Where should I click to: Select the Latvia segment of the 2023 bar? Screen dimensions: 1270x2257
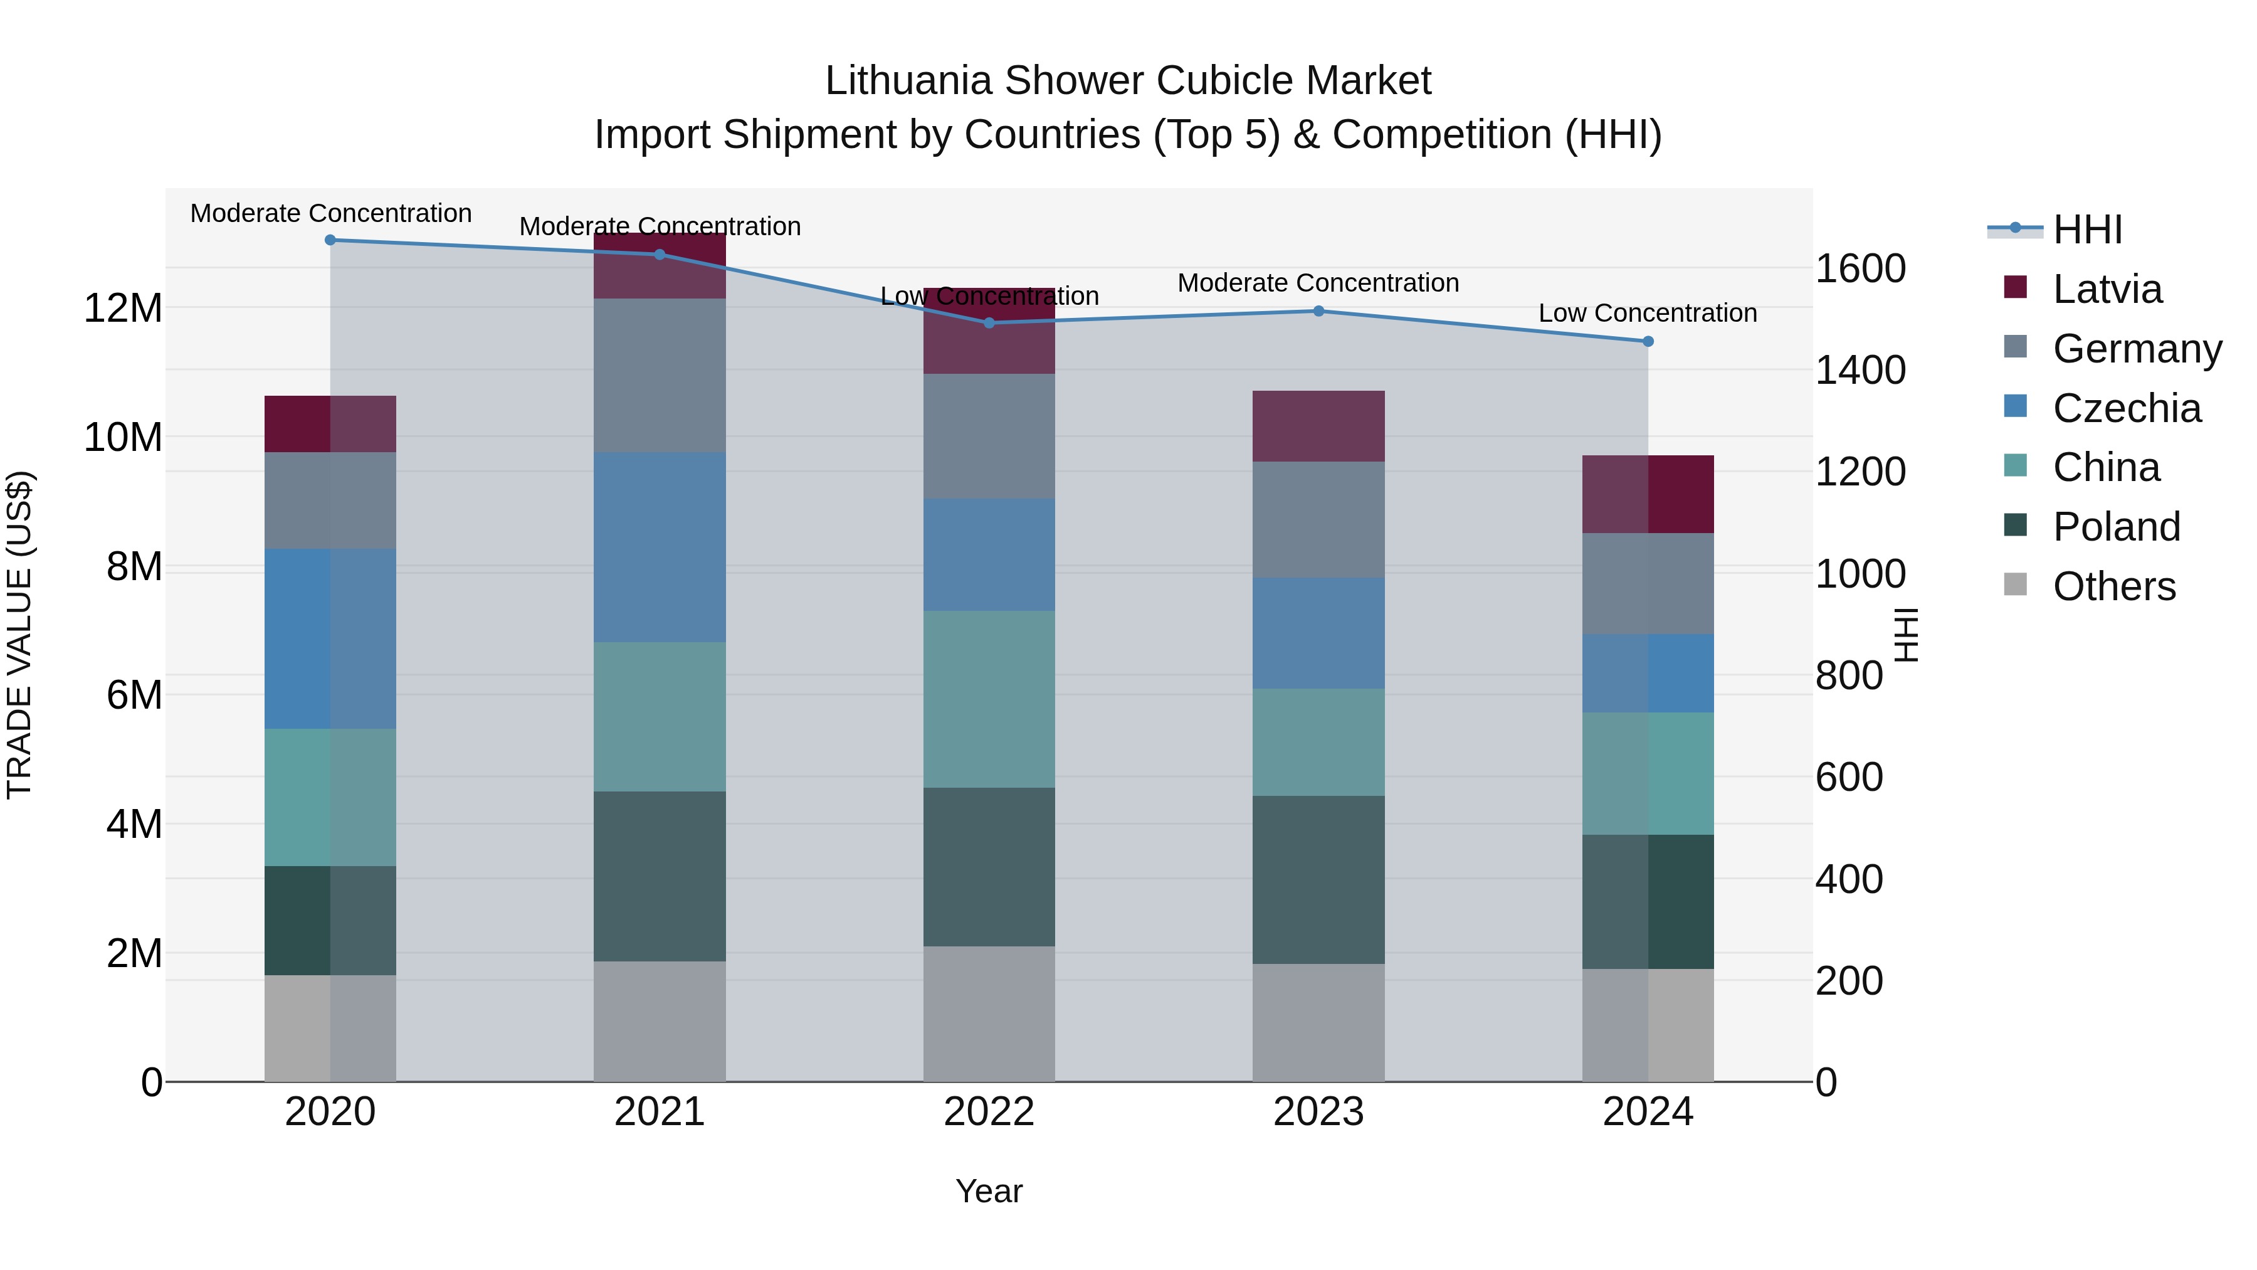(x=1318, y=426)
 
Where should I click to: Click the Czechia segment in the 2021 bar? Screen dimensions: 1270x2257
(x=660, y=547)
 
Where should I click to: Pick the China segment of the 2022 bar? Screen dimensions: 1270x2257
(x=989, y=699)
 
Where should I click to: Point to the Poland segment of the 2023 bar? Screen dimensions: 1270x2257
(x=1318, y=879)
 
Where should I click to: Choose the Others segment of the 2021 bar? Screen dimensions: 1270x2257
(x=660, y=1021)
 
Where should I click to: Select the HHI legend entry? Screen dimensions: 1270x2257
(x=2087, y=230)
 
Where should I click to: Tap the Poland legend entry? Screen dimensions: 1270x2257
(x=2115, y=527)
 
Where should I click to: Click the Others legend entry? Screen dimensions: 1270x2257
(x=2113, y=586)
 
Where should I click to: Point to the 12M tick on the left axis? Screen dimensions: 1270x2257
(x=123, y=309)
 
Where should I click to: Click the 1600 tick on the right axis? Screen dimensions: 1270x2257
(x=1860, y=268)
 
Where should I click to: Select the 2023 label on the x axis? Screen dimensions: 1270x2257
(x=1318, y=1112)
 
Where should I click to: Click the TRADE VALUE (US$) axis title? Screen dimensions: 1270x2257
(x=19, y=635)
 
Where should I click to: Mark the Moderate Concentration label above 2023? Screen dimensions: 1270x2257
(x=1318, y=283)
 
